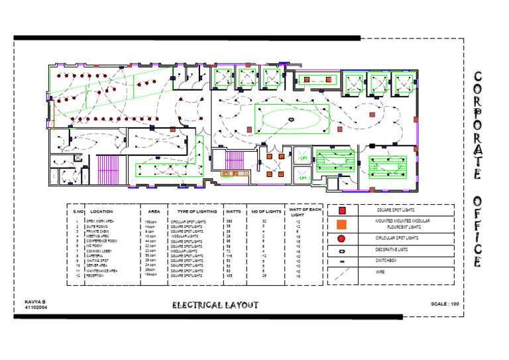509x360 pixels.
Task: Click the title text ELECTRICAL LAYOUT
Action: (215, 305)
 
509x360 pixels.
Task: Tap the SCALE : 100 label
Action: (445, 303)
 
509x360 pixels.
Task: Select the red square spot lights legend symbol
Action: (342, 210)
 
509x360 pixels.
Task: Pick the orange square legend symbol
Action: (342, 223)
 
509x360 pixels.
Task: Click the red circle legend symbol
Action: (341, 238)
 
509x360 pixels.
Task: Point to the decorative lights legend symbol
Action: (341, 251)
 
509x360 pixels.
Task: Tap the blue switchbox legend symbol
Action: (341, 262)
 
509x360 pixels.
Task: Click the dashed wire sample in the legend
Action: (342, 273)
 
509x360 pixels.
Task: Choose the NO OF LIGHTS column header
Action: (265, 211)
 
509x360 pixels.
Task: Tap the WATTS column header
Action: (233, 211)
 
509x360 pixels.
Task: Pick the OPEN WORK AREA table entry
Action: (100, 221)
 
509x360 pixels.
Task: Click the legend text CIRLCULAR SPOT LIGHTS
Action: (397, 237)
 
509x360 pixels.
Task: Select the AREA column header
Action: (154, 211)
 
